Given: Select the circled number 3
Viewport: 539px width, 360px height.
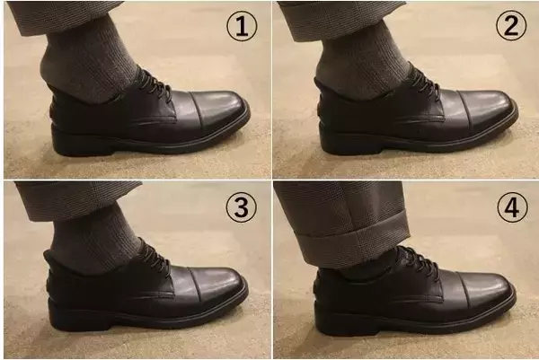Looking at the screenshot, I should coord(240,207).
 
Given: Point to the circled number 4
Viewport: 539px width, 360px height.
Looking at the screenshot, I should coord(511,207).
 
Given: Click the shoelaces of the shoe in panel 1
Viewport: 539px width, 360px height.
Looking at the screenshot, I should coord(155,84).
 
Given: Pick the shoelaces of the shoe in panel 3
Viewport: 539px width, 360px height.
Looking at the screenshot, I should coord(155,258).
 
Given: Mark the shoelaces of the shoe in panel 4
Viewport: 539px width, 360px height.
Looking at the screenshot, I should coord(419,260).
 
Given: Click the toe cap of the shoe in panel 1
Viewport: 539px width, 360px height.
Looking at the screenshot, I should coord(222,111).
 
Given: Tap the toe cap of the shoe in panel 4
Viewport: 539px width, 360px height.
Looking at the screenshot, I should coord(490,292).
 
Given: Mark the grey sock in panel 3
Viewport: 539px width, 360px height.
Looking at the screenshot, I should coord(90,238).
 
